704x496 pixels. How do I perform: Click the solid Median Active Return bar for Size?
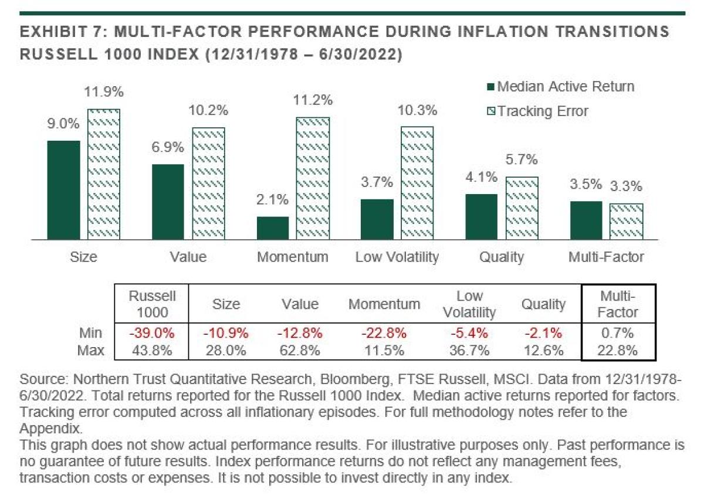click(x=63, y=190)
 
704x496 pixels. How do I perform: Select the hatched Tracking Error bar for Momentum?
click(x=312, y=178)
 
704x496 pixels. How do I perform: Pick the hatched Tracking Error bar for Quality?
click(x=521, y=208)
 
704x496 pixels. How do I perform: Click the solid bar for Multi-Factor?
click(x=585, y=220)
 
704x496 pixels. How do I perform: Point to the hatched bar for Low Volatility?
click(x=417, y=183)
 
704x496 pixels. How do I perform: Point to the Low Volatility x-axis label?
click(x=397, y=257)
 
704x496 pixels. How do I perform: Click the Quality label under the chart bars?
click(x=501, y=257)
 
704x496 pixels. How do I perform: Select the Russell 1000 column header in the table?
click(x=152, y=303)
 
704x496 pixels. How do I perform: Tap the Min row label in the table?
click(x=92, y=334)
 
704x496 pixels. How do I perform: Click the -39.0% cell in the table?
click(x=152, y=334)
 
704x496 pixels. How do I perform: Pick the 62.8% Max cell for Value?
click(x=300, y=351)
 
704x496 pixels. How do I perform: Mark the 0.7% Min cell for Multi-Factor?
click(x=618, y=334)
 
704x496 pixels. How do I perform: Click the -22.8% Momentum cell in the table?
click(x=384, y=334)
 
